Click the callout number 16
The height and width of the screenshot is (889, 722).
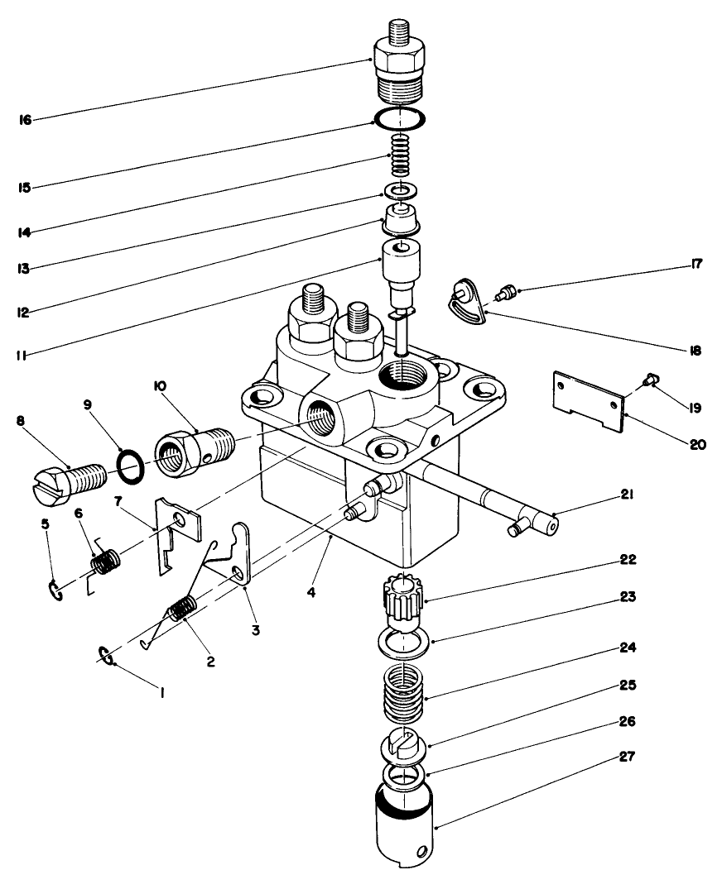[25, 121]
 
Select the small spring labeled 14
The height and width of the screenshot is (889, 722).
[400, 155]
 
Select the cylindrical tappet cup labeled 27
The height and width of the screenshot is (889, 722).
[403, 827]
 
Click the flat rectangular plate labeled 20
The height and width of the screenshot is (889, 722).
[589, 399]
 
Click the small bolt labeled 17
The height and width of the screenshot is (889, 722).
[507, 292]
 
